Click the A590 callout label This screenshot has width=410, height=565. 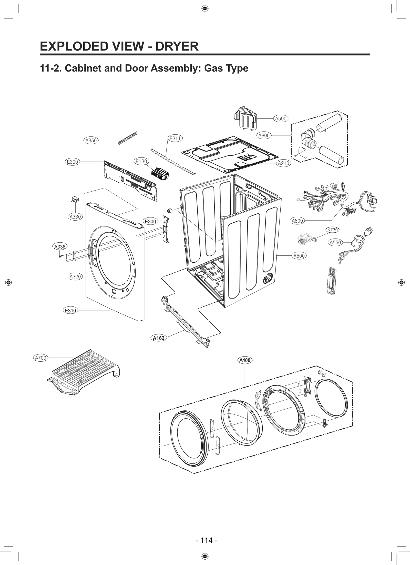click(x=281, y=118)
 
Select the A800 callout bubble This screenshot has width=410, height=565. click(x=264, y=135)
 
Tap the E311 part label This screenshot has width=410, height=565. click(x=175, y=138)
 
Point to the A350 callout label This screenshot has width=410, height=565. click(x=91, y=140)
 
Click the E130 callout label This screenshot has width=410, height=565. click(x=141, y=161)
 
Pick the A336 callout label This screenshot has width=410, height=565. click(x=60, y=247)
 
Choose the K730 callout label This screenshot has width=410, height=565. click(x=332, y=230)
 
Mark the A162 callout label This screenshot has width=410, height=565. click(x=158, y=338)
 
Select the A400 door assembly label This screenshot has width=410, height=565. click(x=245, y=360)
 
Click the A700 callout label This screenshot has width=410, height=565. click(x=40, y=358)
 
